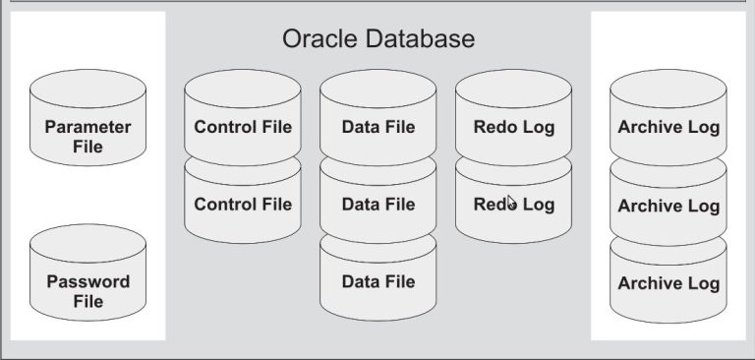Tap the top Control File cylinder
(x=243, y=126)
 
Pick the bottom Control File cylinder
(x=243, y=205)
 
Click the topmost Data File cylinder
(x=378, y=126)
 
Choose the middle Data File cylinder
(x=378, y=205)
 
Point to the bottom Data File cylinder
(x=378, y=281)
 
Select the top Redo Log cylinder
(x=513, y=126)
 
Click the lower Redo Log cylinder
(x=513, y=205)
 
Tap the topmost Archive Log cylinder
(x=668, y=126)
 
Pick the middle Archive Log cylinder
(x=668, y=206)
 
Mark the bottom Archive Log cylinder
(x=668, y=283)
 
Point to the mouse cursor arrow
(x=511, y=203)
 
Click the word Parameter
(x=87, y=128)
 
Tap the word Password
(x=87, y=281)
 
